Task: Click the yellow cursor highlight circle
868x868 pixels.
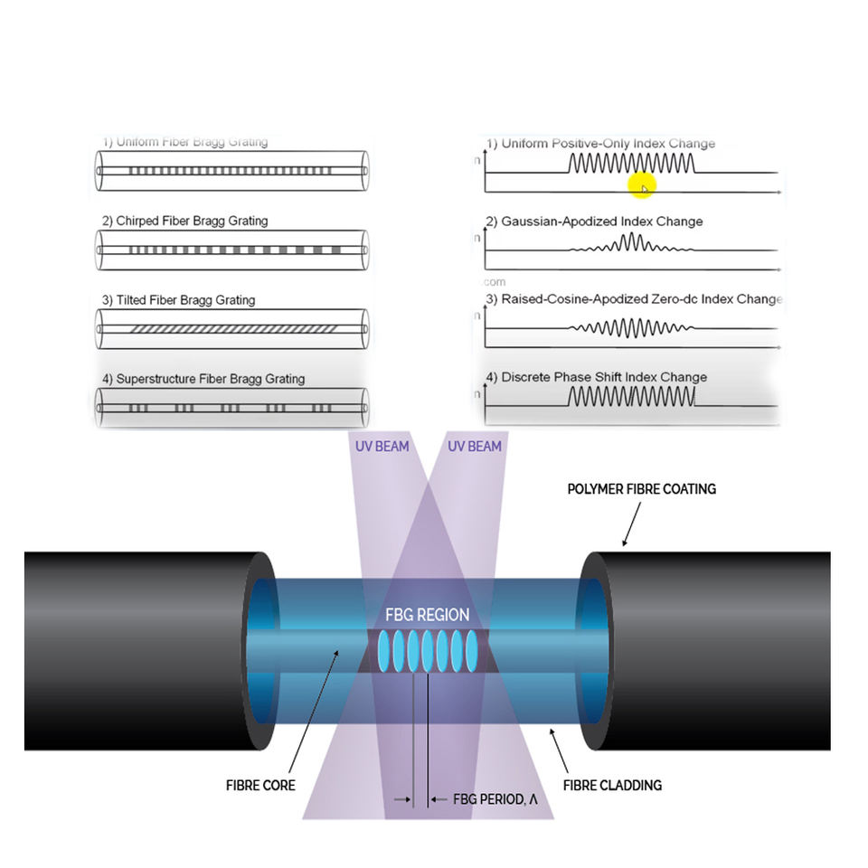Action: tap(640, 185)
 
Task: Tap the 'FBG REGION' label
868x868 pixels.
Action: tap(428, 615)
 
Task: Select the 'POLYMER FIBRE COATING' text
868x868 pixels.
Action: tap(641, 489)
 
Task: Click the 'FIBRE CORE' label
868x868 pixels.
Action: tap(260, 785)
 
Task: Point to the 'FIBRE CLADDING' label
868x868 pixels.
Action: tap(612, 785)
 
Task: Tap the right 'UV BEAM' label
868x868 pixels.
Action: tap(474, 446)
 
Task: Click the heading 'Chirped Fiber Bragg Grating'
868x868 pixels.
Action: tap(192, 221)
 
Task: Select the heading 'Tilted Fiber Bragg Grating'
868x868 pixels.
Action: tap(185, 300)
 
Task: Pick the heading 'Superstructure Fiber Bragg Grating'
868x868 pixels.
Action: tap(211, 379)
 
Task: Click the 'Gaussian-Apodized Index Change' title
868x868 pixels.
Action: tap(601, 222)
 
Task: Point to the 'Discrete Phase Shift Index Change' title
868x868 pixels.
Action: tap(604, 377)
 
